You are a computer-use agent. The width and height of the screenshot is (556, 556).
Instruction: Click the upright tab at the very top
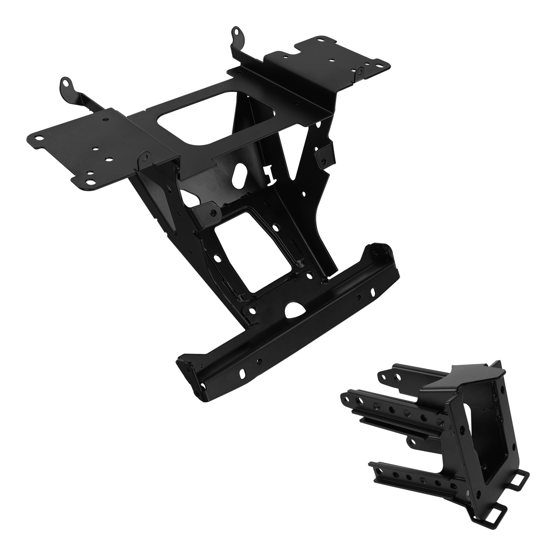(x=237, y=32)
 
